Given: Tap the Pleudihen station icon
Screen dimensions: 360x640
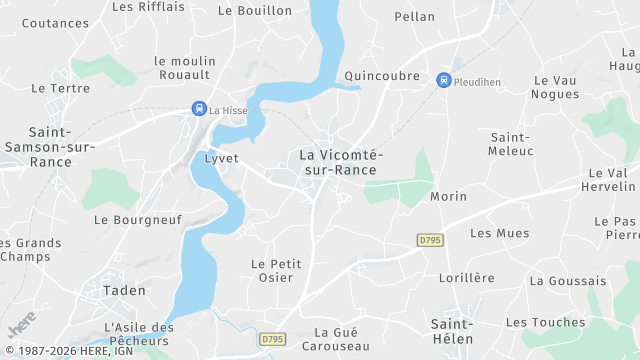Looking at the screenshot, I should [444, 79].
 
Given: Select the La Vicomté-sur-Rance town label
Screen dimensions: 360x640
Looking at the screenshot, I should [339, 162].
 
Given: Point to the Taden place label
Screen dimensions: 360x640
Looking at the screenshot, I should [124, 290].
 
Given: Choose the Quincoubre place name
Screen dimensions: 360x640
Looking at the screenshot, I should [380, 75].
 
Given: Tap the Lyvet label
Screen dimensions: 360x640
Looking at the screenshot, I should [221, 158].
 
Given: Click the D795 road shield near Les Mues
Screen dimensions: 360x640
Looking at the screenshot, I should [430, 240].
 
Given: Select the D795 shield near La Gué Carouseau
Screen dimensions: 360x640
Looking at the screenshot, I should [272, 340].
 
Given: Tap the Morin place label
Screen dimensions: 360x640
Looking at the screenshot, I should [448, 196].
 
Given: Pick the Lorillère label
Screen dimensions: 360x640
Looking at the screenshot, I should [466, 277].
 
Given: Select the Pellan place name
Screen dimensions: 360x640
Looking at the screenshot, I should [415, 16].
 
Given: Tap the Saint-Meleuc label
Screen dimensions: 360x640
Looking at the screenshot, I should [511, 143].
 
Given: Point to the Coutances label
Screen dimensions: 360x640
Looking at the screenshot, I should [55, 22].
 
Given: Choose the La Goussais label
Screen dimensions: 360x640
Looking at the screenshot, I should [568, 281].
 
